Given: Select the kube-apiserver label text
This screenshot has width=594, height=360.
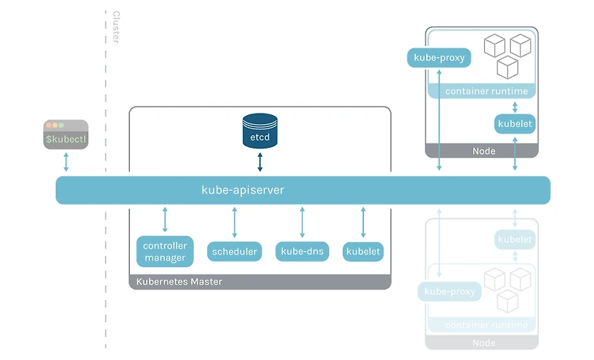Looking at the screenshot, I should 243,191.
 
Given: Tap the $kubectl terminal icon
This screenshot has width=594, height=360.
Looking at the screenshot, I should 66,134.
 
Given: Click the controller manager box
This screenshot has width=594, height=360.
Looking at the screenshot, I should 165,252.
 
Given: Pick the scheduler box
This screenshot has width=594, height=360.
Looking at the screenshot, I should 235,252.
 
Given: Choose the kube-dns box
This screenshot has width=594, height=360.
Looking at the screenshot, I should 302,252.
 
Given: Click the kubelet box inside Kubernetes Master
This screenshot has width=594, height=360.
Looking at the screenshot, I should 363,252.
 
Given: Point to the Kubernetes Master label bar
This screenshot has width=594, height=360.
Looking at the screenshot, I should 179,282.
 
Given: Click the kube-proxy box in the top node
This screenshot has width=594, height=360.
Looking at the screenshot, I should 439,57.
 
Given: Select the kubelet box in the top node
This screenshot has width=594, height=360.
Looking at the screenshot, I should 515,123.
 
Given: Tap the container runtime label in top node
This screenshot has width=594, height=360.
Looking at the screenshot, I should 486,91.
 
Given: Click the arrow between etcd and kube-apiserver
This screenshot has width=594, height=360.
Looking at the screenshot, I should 260,162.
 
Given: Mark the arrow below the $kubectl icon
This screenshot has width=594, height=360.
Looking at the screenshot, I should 66,162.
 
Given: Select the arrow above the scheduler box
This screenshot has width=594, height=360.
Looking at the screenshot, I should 235,222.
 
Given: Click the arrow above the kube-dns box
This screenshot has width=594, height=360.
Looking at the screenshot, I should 302,222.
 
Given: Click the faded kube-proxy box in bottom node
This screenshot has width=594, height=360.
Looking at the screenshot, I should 449,292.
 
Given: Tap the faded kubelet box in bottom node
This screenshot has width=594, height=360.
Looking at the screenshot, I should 515,239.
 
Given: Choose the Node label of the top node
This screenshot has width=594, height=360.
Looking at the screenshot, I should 484,151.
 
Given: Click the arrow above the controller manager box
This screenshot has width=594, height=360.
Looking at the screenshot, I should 165,220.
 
